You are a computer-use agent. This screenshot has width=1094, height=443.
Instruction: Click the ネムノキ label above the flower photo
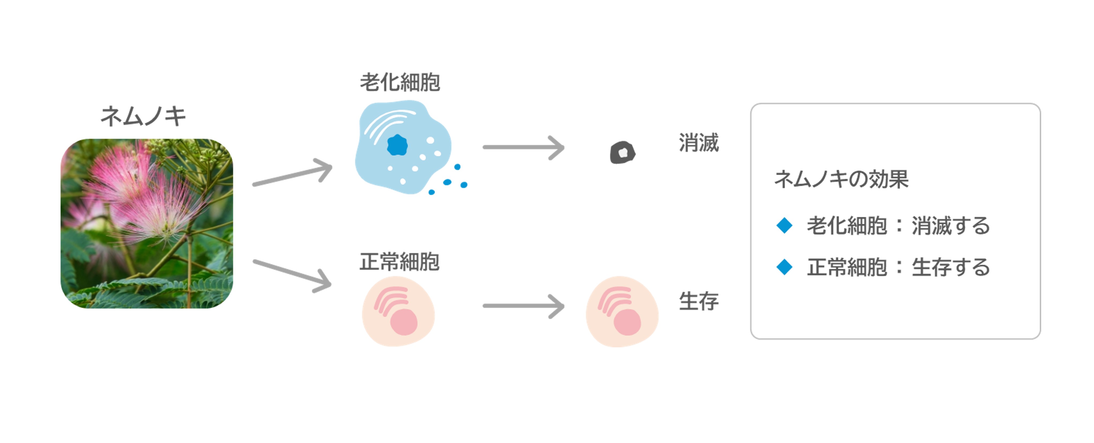tap(143, 116)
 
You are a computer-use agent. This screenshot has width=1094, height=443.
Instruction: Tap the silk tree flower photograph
tap(146, 223)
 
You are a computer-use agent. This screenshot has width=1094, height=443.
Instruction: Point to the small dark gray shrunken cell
tap(623, 152)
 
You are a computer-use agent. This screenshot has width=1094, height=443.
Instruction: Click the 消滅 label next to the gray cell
tap(698, 143)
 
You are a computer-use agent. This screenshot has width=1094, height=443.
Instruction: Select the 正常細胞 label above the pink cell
tap(399, 261)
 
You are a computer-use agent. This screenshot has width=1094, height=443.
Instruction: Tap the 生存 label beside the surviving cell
tap(698, 301)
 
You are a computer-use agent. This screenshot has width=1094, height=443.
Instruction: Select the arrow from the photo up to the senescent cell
tap(292, 172)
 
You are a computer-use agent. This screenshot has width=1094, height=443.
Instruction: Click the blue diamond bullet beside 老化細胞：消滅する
tap(784, 225)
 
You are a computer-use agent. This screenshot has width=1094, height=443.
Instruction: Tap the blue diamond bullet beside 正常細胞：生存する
tap(784, 267)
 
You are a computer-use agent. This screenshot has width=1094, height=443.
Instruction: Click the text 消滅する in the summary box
tap(951, 225)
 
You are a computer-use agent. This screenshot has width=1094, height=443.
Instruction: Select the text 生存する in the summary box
tap(951, 267)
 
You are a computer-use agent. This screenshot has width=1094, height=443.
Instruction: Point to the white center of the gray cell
tap(623, 152)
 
